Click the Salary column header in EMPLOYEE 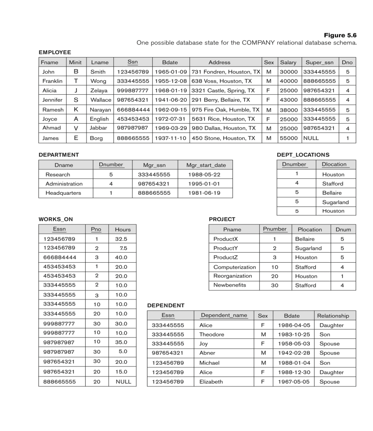point(288,62)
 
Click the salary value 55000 point(288,138)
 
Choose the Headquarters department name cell point(63,193)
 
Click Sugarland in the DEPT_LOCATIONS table point(335,202)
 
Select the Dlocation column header point(334,164)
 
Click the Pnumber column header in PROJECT point(274,229)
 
